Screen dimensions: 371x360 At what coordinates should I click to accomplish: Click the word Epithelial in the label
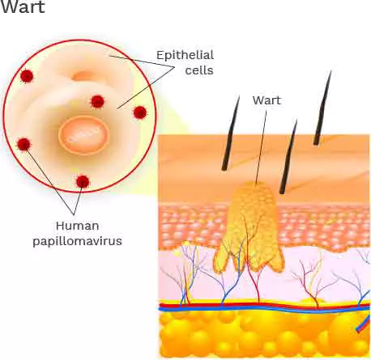pos(185,55)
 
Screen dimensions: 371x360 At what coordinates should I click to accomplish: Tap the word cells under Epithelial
pos(199,70)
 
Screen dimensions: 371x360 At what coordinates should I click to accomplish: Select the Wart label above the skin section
pos(267,100)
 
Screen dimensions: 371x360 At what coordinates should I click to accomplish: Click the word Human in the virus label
pos(78,226)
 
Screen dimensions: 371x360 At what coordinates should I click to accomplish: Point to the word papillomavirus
pos(77,241)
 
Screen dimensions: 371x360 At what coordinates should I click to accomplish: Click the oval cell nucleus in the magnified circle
pos(84,135)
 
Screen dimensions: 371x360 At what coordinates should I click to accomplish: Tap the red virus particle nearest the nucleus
pos(97,102)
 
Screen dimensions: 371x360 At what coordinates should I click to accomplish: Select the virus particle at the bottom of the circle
pos(83,181)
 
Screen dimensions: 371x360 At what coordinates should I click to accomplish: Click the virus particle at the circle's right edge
pos(140,112)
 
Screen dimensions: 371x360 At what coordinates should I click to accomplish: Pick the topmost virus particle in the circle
pos(27,76)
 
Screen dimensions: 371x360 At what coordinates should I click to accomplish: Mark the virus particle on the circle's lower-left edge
pos(23,144)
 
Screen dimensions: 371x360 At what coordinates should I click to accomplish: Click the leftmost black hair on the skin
pos(231,133)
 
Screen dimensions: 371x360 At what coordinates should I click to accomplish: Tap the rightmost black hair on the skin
pos(322,108)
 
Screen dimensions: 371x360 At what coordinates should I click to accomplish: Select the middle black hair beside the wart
pos(288,157)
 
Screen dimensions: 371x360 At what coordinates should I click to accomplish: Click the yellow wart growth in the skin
pos(249,227)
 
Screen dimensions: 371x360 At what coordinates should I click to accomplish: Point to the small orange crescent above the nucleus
pos(83,76)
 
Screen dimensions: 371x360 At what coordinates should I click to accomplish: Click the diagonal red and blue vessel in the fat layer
pos(364,324)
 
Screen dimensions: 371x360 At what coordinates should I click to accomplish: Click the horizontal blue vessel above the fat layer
pos(265,310)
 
